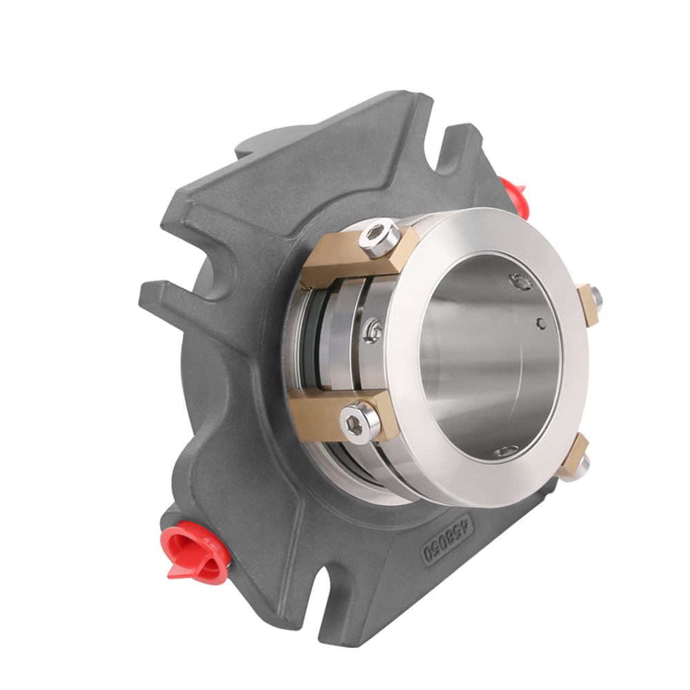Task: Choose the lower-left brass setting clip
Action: click(x=338, y=414)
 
